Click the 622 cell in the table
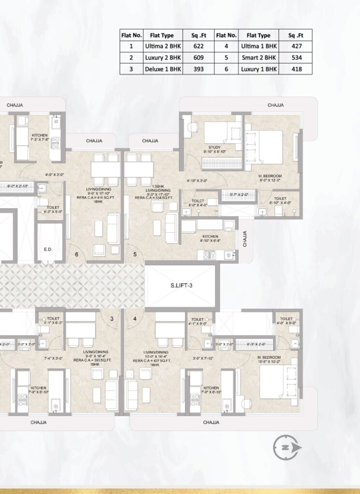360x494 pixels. tap(198, 46)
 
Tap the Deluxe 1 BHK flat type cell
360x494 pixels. tap(162, 69)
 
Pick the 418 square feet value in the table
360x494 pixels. tap(297, 69)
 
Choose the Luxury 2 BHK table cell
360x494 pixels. tap(162, 57)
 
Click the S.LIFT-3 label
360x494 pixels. tap(182, 285)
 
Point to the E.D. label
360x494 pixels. tap(48, 250)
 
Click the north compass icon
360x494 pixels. tap(287, 447)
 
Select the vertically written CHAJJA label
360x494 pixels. tap(245, 239)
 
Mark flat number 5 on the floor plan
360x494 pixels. tap(135, 254)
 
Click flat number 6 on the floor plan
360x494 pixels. tap(76, 254)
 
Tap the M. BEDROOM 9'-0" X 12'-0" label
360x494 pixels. tap(270, 178)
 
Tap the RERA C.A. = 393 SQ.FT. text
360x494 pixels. tap(95, 360)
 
